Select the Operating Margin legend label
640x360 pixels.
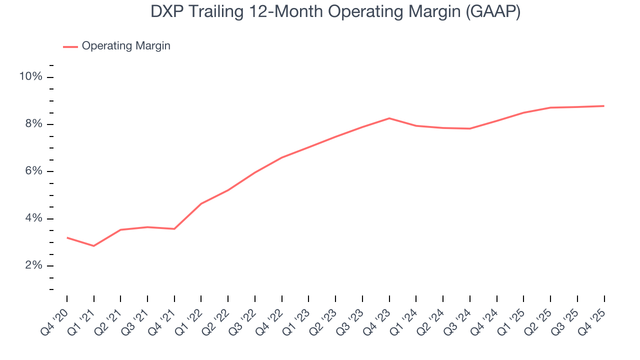click(x=126, y=46)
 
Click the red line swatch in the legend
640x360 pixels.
click(x=70, y=46)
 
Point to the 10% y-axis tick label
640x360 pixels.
click(x=30, y=76)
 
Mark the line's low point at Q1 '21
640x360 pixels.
click(x=93, y=246)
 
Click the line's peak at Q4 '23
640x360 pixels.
click(x=389, y=118)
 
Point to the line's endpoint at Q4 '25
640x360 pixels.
click(x=604, y=106)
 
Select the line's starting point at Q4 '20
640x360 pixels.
click(x=67, y=237)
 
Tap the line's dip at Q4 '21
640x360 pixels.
click(x=174, y=229)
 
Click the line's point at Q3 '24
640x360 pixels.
click(x=469, y=128)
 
